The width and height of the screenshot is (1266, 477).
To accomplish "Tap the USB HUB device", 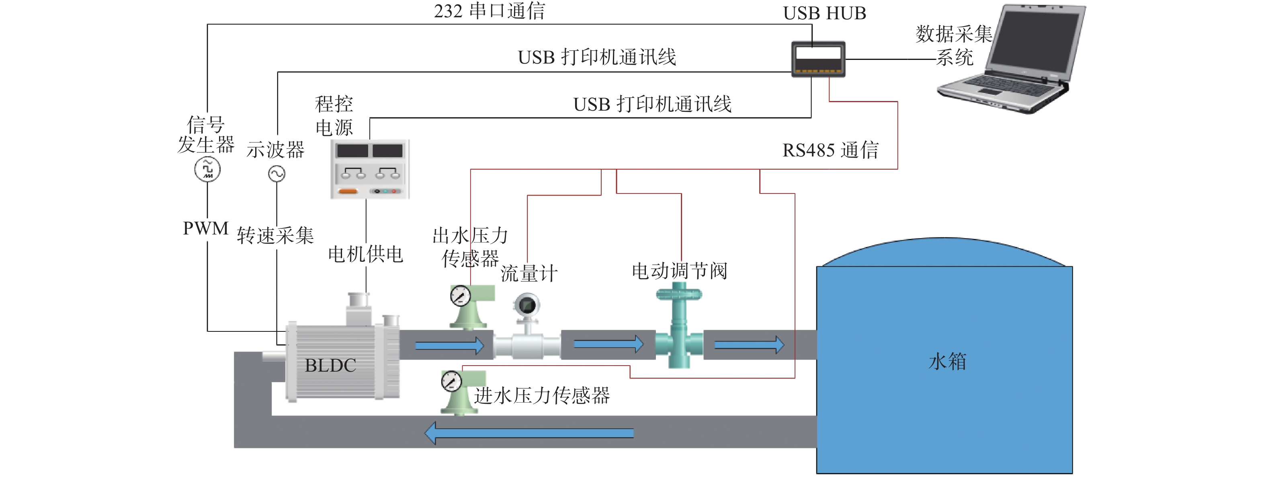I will pyautogui.click(x=818, y=60).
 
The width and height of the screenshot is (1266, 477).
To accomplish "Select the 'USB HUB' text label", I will pyautogui.click(x=824, y=13).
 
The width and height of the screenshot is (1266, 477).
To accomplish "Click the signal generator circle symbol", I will pyautogui.click(x=207, y=169).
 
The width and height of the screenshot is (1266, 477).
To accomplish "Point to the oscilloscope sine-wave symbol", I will pyautogui.click(x=277, y=174).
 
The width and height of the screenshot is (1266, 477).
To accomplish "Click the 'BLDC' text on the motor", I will pyautogui.click(x=330, y=365).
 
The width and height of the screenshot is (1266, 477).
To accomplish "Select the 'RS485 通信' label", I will pyautogui.click(x=830, y=150).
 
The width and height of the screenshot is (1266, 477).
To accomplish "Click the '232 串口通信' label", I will pyautogui.click(x=489, y=11).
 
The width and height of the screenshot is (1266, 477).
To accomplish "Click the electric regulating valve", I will pyautogui.click(x=679, y=327).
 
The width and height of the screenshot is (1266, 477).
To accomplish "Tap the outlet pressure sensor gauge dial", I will pyautogui.click(x=461, y=296).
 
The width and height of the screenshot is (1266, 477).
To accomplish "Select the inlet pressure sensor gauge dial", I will pyautogui.click(x=451, y=381).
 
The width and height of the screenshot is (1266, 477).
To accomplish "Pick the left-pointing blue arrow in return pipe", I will pyautogui.click(x=529, y=433).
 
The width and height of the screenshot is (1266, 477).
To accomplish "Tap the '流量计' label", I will pyautogui.click(x=529, y=273).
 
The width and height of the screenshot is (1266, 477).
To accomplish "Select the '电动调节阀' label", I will pyautogui.click(x=679, y=270).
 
